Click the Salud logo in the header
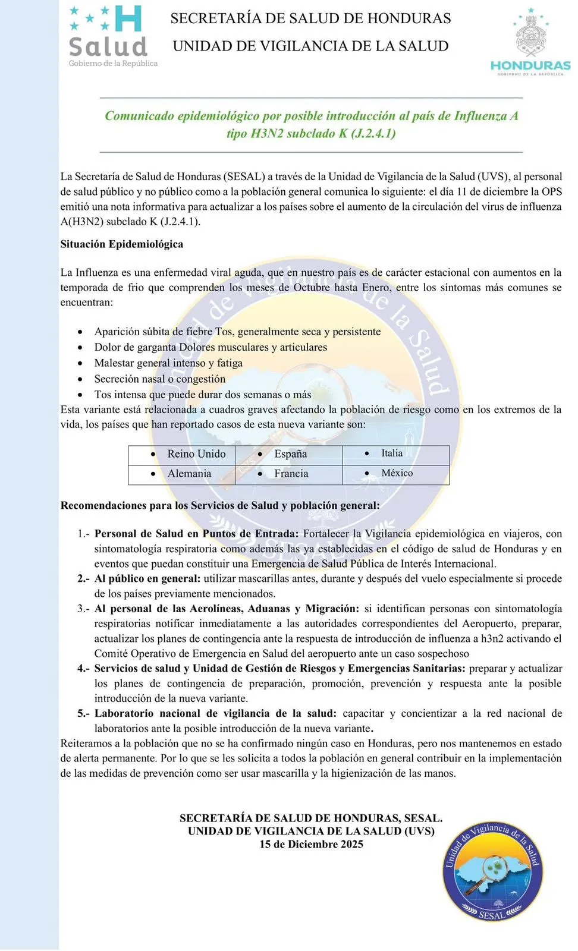pyautogui.click(x=109, y=36)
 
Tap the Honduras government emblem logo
pyautogui.click(x=530, y=42)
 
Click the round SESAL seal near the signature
pyautogui.click(x=492, y=871)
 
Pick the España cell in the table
pyautogui.click(x=290, y=454)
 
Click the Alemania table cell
pyautogui.click(x=189, y=474)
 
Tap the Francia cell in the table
pyautogui.click(x=291, y=474)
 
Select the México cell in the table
pyautogui.click(x=397, y=473)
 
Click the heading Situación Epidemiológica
pyautogui.click(x=122, y=244)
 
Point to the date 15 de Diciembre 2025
pyautogui.click(x=311, y=845)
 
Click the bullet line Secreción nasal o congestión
pyautogui.click(x=159, y=379)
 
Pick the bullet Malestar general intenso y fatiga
pyautogui.click(x=168, y=363)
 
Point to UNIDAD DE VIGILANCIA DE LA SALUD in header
pyautogui.click(x=310, y=46)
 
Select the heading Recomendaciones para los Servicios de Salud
pyautogui.click(x=220, y=506)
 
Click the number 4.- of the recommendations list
pyautogui.click(x=83, y=669)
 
